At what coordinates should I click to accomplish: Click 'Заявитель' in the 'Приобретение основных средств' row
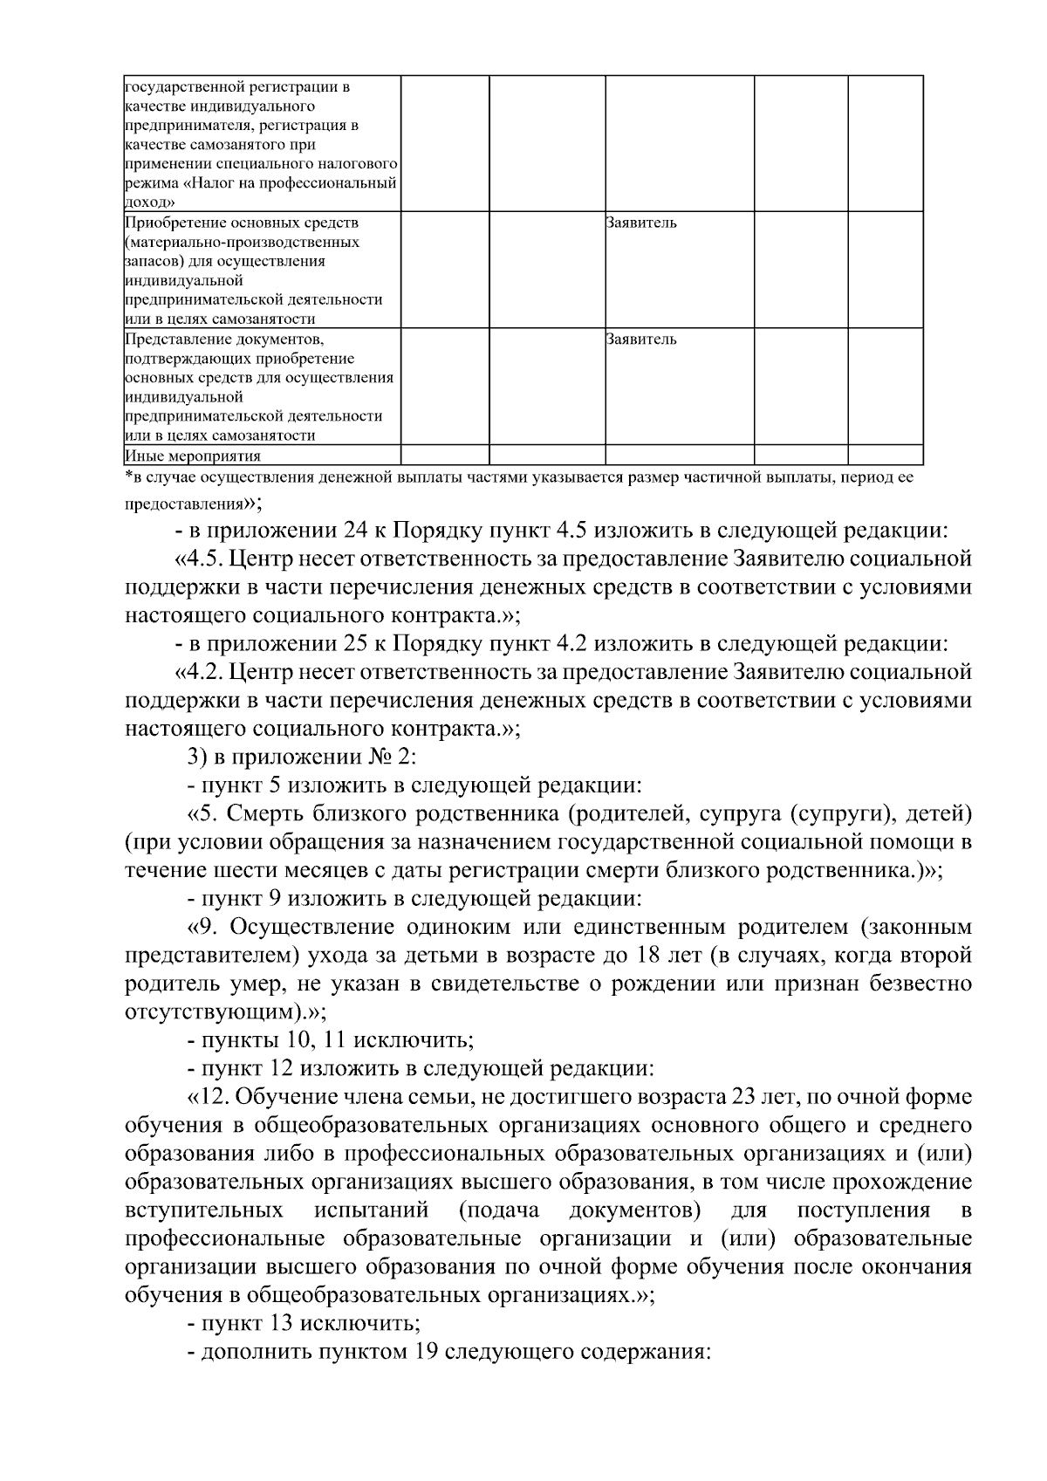(x=641, y=223)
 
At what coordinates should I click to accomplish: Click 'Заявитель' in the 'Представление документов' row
(x=641, y=339)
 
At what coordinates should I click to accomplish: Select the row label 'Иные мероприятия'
(x=193, y=456)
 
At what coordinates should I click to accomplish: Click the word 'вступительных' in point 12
(x=203, y=1210)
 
